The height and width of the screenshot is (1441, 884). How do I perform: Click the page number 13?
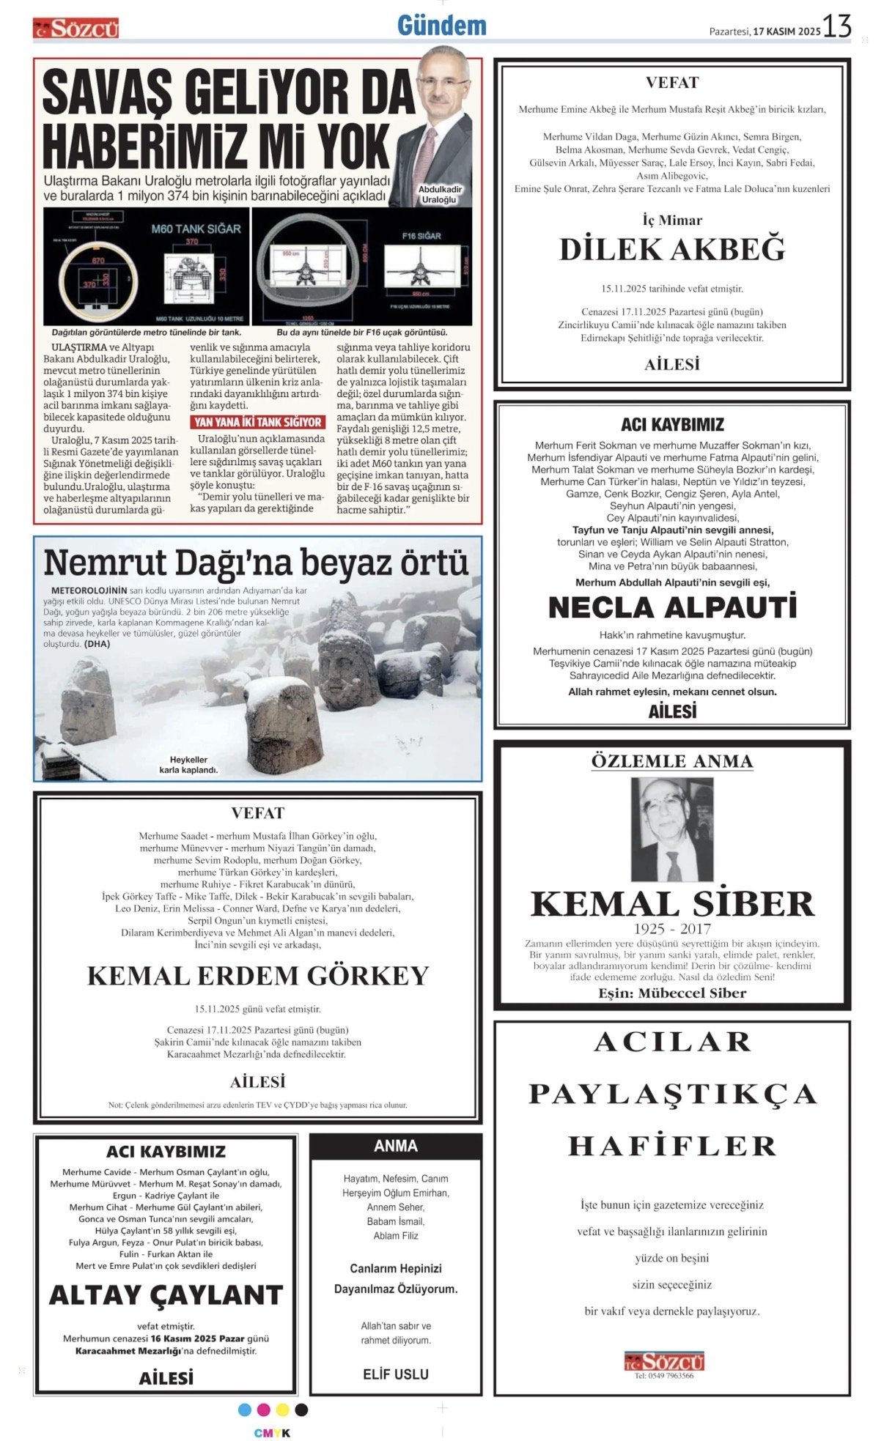click(836, 27)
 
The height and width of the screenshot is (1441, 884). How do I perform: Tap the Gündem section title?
click(441, 26)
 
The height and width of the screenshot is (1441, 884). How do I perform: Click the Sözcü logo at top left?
click(75, 29)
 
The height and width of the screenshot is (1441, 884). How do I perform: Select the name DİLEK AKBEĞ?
click(671, 250)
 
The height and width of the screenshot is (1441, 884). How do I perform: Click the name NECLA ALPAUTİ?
click(671, 607)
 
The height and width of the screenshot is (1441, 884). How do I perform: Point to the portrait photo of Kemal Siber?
click(671, 829)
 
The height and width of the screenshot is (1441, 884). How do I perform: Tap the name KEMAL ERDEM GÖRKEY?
click(257, 976)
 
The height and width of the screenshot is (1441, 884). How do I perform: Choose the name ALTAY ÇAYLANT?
click(166, 1295)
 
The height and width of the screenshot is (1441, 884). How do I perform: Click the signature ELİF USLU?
click(395, 1374)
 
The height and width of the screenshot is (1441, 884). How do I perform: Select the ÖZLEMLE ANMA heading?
click(671, 761)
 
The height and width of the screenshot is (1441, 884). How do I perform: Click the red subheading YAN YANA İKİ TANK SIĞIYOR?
click(258, 422)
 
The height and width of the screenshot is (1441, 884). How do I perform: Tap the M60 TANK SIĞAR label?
click(196, 229)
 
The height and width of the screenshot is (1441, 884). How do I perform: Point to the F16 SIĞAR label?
click(421, 236)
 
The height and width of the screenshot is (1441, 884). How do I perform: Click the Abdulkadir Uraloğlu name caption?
click(440, 194)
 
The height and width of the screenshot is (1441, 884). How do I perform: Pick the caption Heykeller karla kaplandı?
click(188, 765)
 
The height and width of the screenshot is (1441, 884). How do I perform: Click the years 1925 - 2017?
click(671, 929)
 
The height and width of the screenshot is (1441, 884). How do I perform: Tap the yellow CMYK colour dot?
click(282, 1409)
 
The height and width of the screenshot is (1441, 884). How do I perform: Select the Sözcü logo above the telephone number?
click(663, 1361)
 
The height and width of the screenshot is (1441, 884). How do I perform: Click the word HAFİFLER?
click(671, 1146)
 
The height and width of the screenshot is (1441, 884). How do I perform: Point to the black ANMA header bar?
click(395, 1146)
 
